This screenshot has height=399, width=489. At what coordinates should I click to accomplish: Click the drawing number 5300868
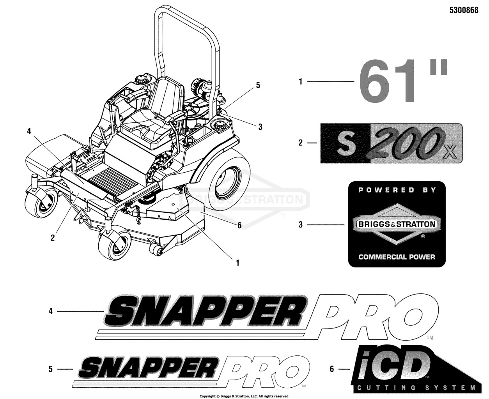[464, 11]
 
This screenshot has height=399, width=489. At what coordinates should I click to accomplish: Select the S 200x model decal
[392, 143]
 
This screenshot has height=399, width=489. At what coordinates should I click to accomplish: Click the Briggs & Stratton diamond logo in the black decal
[397, 224]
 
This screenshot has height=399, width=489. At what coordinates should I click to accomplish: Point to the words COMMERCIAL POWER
[397, 257]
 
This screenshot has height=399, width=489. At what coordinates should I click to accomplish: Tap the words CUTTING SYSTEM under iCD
[416, 388]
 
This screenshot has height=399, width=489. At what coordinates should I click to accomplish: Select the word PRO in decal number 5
[263, 373]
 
